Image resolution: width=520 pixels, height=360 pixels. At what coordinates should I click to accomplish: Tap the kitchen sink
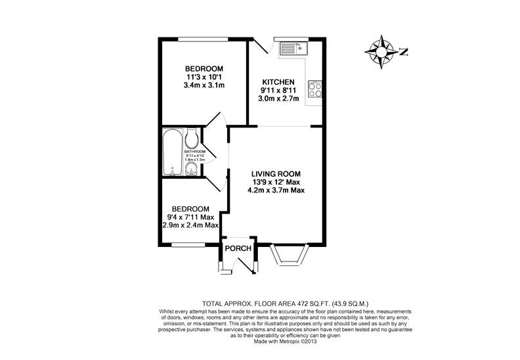click(290, 48)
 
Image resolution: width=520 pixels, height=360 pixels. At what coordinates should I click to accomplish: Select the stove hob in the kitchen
click(314, 89)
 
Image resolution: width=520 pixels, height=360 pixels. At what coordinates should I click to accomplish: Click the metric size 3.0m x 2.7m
click(278, 99)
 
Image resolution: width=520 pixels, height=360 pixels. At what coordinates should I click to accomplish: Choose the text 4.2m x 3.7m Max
click(276, 191)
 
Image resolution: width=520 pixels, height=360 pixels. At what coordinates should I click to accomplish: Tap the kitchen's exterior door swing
click(263, 46)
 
